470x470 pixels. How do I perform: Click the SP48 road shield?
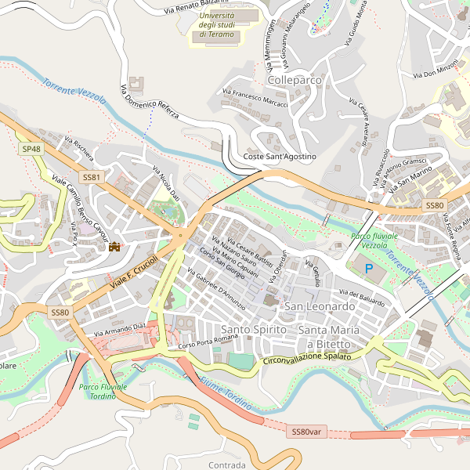(x=32, y=149)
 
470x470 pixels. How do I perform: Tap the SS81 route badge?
(x=92, y=178)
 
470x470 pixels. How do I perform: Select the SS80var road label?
(x=305, y=432)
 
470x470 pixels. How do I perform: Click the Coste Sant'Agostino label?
(x=280, y=157)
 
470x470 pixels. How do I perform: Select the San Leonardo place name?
(x=320, y=306)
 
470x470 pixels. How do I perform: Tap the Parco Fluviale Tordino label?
(x=103, y=392)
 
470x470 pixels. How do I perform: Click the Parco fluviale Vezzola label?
(x=374, y=240)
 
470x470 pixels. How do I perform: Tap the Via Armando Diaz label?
(x=120, y=330)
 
